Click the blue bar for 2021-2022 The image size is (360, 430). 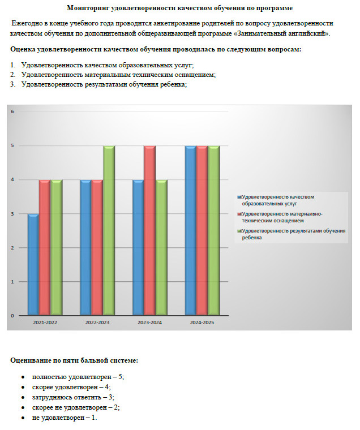33,264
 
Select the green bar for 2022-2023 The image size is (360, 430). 109,230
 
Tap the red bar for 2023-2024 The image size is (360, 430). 149,230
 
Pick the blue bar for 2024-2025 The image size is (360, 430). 191,230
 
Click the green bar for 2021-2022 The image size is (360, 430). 56,247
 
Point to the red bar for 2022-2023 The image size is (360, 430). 97,247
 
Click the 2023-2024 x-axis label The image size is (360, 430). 149,322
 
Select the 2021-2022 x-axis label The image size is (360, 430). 45,322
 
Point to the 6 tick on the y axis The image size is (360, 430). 12,111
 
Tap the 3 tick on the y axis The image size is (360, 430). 12,214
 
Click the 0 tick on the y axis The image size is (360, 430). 12,316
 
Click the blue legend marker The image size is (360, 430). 239,197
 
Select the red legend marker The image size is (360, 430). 239,214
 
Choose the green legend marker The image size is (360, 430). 239,231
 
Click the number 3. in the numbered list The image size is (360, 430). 13,84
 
